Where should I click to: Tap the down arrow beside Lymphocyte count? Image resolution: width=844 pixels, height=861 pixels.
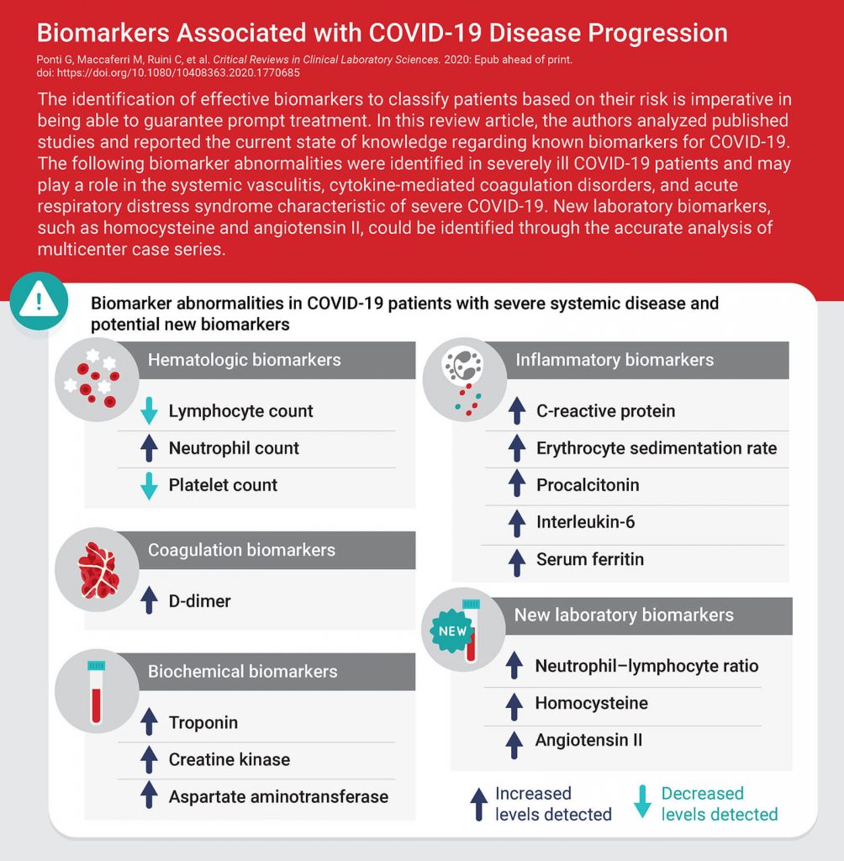[149, 410]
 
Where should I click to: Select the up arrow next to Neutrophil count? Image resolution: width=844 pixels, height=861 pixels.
[149, 448]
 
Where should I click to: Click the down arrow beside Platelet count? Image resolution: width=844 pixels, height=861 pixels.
[149, 485]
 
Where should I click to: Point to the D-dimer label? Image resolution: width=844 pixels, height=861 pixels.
[199, 601]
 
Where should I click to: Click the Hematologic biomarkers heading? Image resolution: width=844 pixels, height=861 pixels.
[244, 360]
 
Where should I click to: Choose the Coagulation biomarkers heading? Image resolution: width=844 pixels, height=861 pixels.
[241, 550]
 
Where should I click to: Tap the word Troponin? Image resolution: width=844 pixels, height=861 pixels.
[203, 722]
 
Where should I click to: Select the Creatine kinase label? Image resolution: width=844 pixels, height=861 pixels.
[229, 759]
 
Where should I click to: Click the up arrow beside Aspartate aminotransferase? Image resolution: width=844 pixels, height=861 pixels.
[149, 796]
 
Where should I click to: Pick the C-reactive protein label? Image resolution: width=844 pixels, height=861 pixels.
[605, 411]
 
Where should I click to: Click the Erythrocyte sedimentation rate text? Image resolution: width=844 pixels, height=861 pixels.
[656, 448]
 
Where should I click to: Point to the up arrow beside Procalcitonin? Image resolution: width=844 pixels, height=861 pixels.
[517, 485]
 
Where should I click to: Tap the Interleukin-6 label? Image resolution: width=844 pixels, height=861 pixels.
[585, 522]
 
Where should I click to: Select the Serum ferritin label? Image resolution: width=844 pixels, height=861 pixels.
[589, 559]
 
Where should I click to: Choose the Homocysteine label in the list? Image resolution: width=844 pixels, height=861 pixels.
[591, 703]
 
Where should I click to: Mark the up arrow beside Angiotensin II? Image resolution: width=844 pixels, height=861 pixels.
[515, 741]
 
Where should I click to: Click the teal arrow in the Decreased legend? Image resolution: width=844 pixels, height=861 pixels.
[642, 803]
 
